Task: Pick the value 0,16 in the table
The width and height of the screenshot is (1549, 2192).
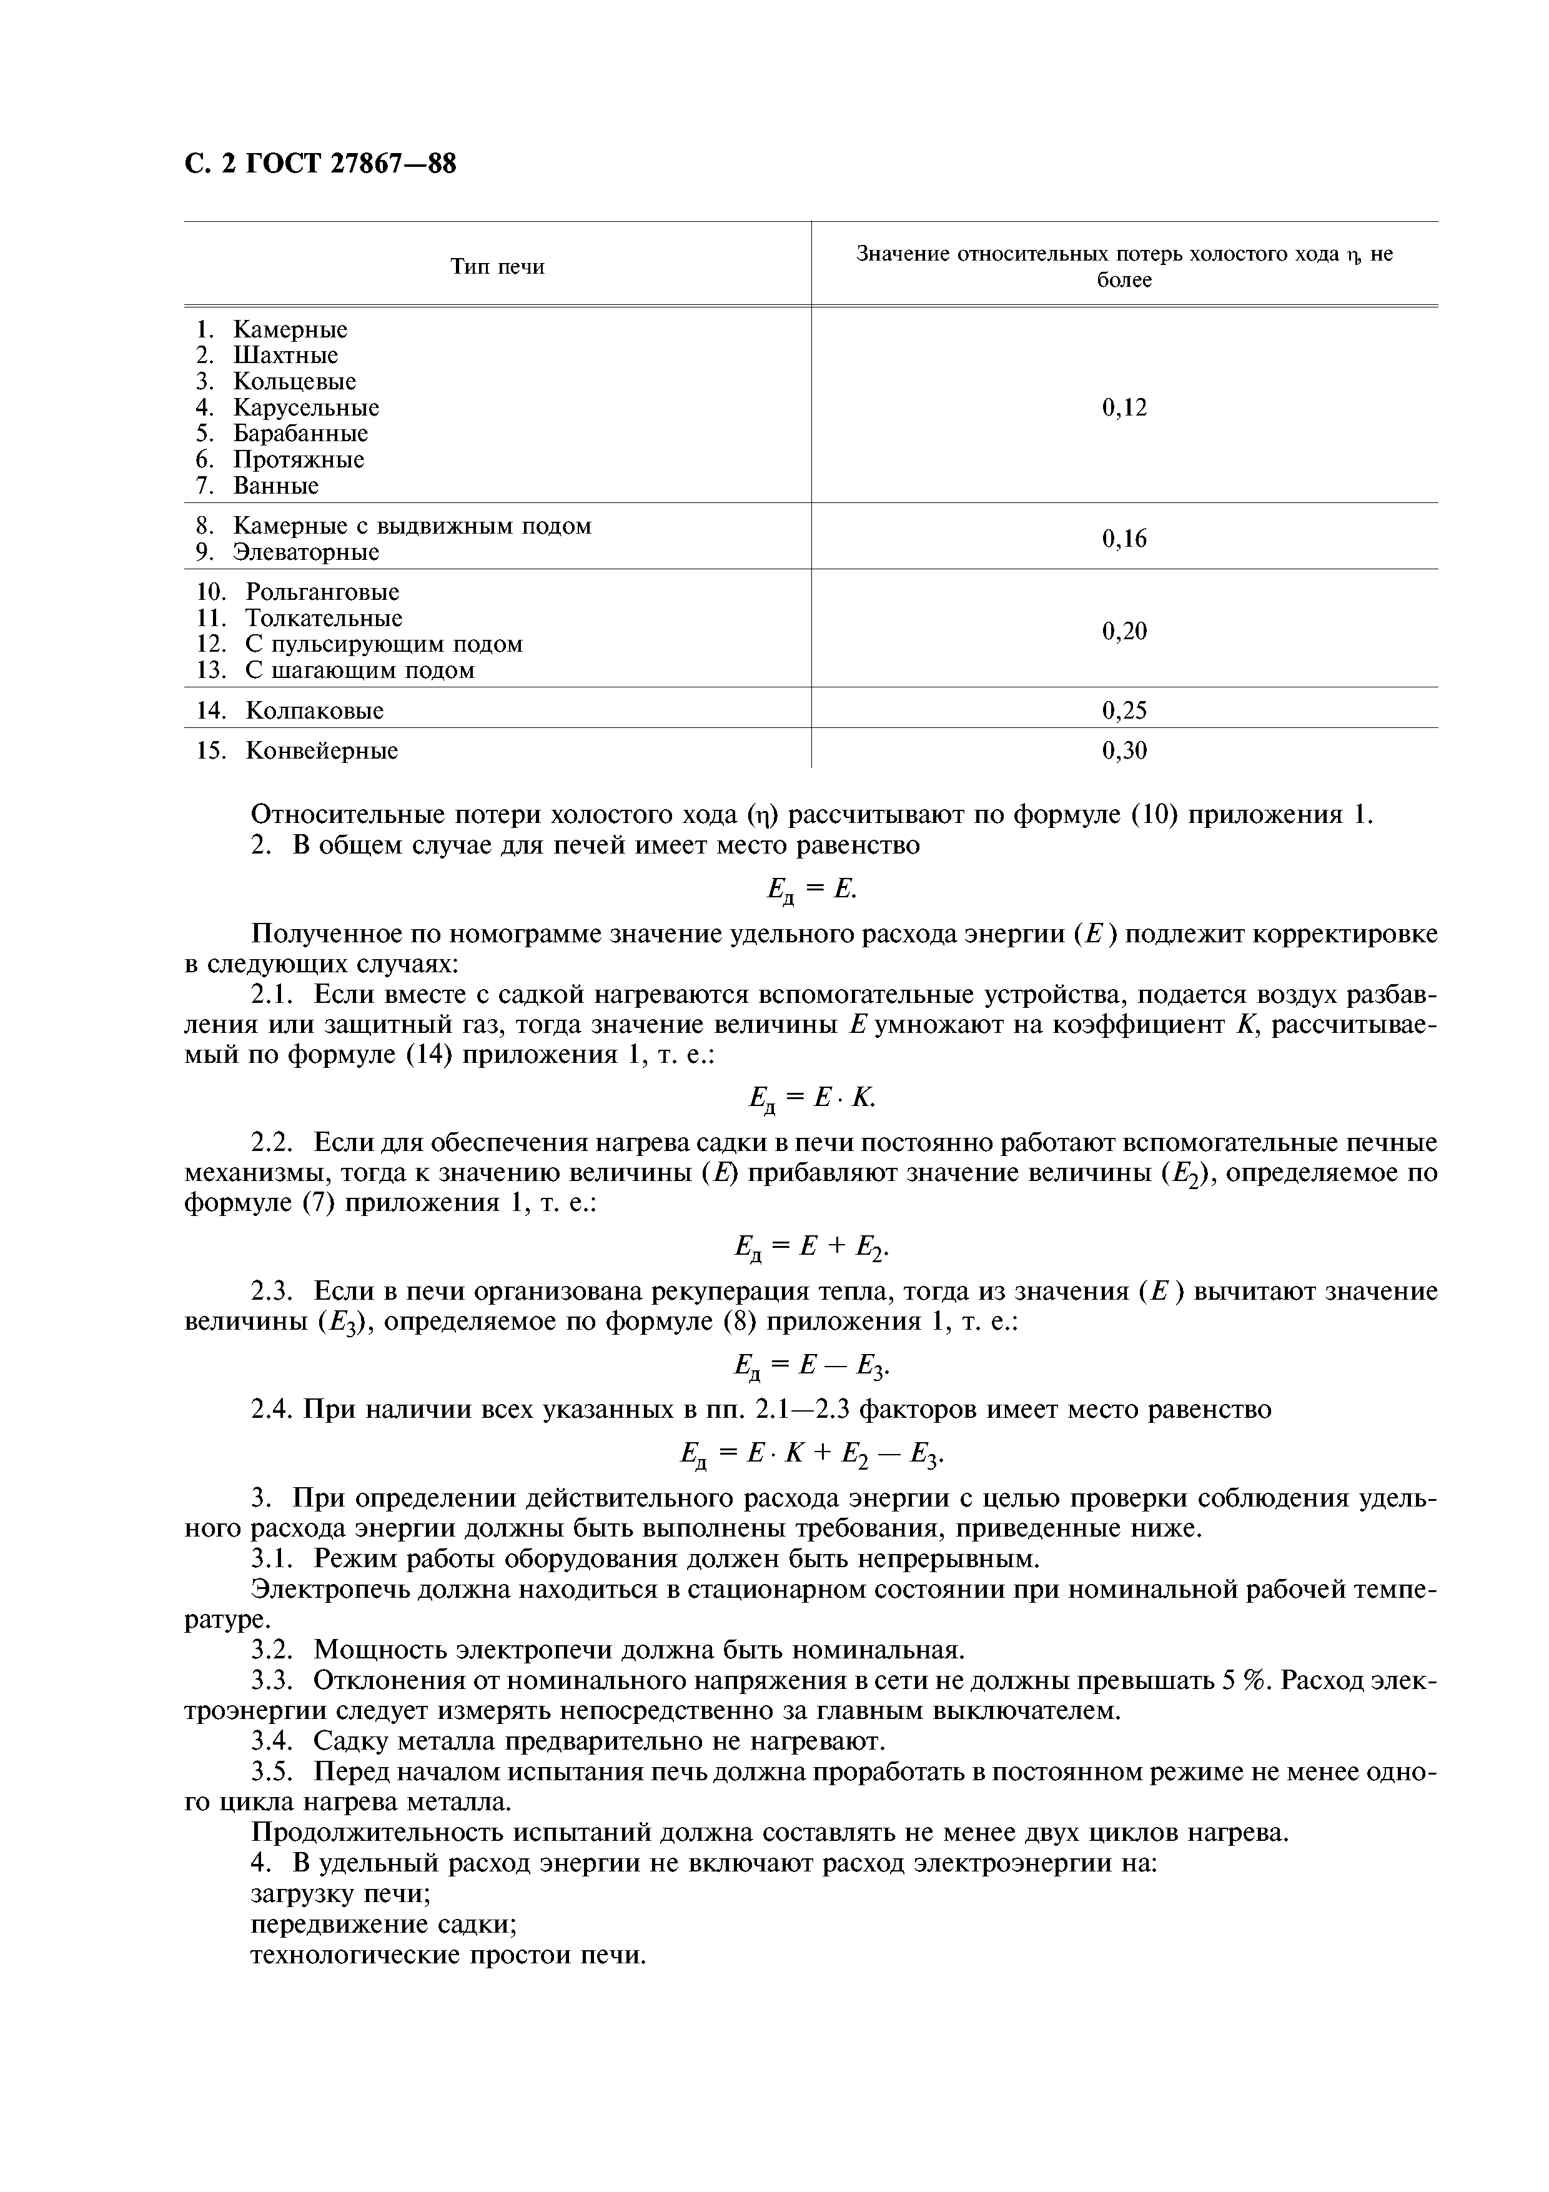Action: click(1124, 539)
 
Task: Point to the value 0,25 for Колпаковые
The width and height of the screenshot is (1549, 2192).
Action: click(1124, 710)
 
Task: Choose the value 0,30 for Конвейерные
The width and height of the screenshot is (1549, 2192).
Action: click(1124, 750)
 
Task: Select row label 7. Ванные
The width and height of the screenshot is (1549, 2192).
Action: click(258, 486)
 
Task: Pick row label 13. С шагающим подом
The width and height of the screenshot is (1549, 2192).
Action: click(335, 670)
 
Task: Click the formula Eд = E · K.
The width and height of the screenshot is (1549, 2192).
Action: click(812, 1100)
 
